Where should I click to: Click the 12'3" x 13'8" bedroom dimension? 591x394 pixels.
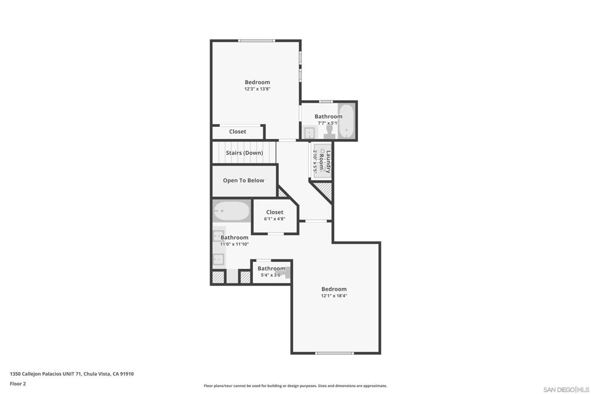[x=257, y=89]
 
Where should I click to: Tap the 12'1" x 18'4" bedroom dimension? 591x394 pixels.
[x=334, y=296]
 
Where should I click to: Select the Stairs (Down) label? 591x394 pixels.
[x=244, y=153]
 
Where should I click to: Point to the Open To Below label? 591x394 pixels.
[x=244, y=181]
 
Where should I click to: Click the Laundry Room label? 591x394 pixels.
[x=325, y=162]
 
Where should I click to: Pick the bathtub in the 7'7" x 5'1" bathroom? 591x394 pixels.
[x=346, y=121]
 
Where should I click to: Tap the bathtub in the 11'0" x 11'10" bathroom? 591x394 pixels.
[x=231, y=211]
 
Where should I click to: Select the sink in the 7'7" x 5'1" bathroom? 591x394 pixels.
[x=309, y=133]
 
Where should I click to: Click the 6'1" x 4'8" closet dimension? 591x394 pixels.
[x=275, y=219]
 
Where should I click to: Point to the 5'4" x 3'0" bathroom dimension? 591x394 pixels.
[x=271, y=275]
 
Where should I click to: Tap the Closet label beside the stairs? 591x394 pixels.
[x=237, y=132]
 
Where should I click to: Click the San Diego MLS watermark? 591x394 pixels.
[x=566, y=389]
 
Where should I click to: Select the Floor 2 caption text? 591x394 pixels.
[x=18, y=384]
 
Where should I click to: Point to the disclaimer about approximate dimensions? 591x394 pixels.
[x=295, y=386]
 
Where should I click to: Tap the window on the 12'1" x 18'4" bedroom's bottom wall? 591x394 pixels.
[x=335, y=353]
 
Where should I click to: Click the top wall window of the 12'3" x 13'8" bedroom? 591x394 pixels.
[x=257, y=41]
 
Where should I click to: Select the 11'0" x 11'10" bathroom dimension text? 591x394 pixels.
[x=234, y=245]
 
